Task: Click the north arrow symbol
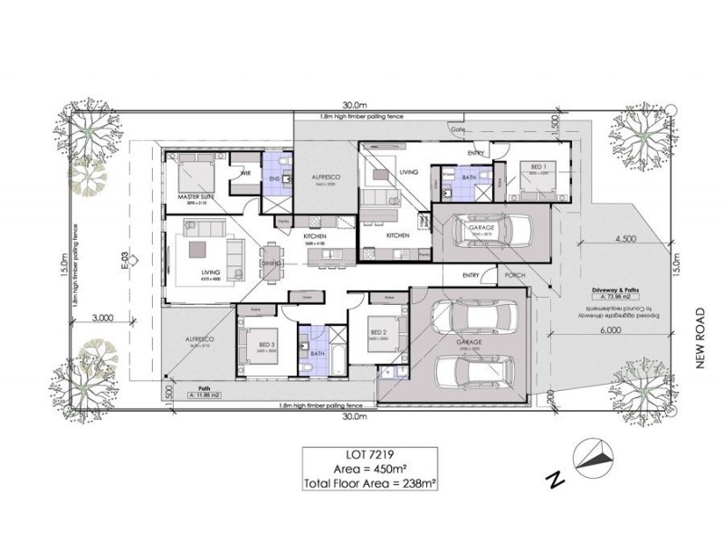592,456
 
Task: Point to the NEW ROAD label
699,336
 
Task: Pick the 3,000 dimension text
101,319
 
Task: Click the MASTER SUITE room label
195,196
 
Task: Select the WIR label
244,173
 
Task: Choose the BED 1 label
538,167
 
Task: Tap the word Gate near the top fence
459,129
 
